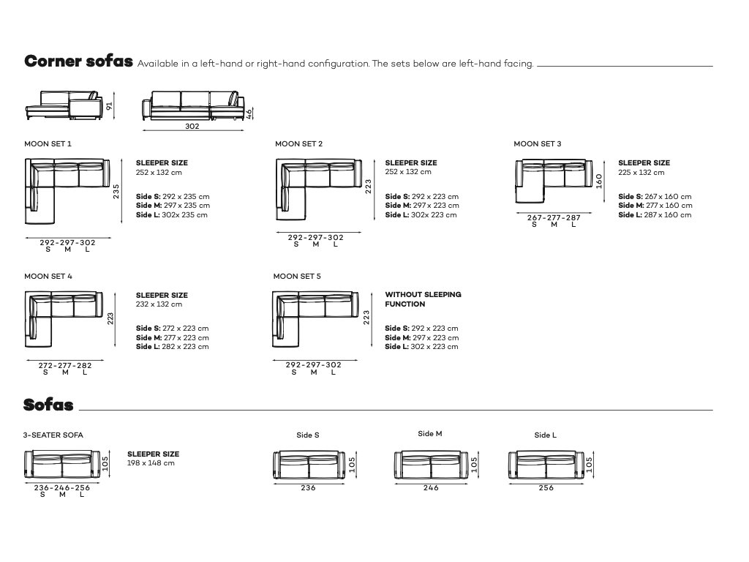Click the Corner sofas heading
(x=78, y=61)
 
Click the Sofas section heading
(x=48, y=405)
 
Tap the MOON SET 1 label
(x=48, y=144)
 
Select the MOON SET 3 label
(x=538, y=144)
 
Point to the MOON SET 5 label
(x=297, y=277)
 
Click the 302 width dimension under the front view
(x=192, y=126)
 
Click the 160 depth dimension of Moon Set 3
(x=598, y=180)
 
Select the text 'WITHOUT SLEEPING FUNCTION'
(x=423, y=299)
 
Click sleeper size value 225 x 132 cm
(x=641, y=173)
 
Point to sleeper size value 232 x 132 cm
(x=159, y=304)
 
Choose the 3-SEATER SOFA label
(x=53, y=435)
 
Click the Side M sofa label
(x=430, y=434)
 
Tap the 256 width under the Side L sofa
(x=546, y=488)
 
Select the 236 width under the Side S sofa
(x=308, y=488)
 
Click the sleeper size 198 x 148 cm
(x=151, y=463)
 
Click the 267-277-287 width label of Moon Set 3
(x=554, y=217)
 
